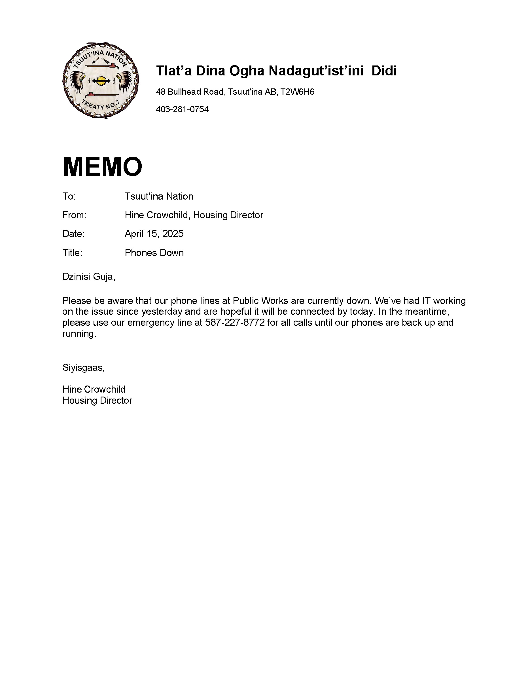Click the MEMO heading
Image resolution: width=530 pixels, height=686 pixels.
(102, 166)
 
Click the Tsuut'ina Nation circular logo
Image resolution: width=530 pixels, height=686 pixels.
(101, 81)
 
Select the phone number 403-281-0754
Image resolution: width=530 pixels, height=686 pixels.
(182, 109)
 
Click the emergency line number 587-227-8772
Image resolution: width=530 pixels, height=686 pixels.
(235, 323)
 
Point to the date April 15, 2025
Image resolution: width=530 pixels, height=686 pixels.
(154, 234)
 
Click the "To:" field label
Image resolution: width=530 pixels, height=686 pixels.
(69, 196)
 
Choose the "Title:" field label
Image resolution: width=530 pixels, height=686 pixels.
(72, 253)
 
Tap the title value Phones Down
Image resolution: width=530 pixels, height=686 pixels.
(154, 253)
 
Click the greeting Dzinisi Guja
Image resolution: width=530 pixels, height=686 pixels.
(88, 276)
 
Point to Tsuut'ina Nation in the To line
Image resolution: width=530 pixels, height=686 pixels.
(159, 196)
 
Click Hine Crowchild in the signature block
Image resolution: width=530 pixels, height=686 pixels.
(94, 389)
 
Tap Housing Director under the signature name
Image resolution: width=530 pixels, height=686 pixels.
(97, 401)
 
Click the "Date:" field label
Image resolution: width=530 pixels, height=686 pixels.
(73, 234)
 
